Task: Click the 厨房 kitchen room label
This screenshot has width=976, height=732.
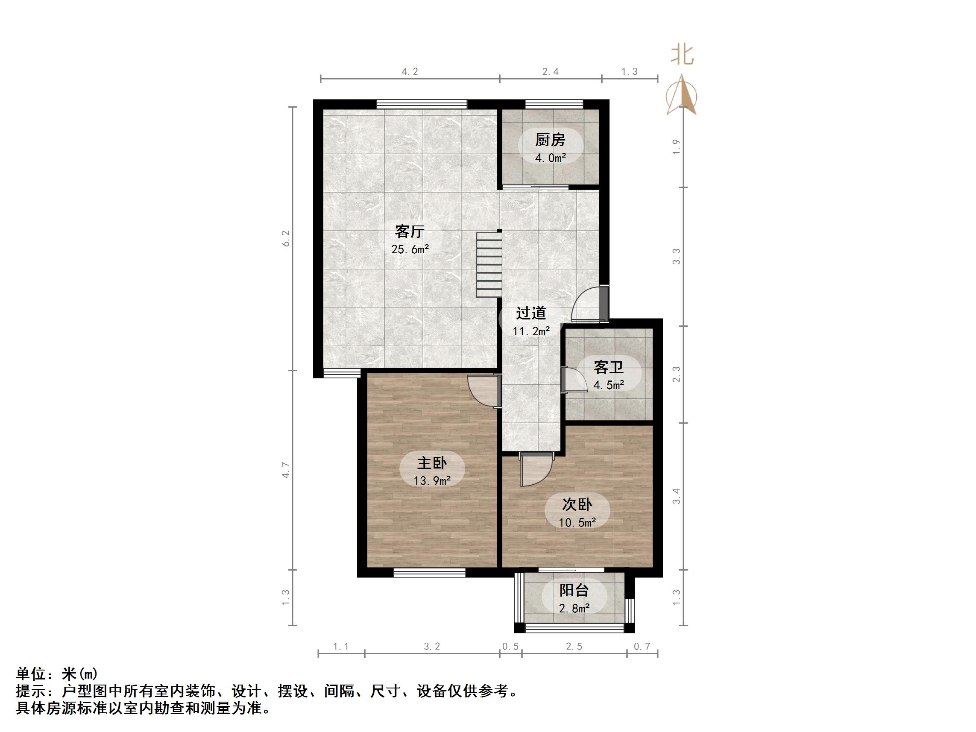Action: click(550, 140)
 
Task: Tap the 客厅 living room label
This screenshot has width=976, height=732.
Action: click(410, 231)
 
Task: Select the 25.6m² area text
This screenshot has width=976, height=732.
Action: click(410, 249)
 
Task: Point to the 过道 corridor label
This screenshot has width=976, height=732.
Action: click(531, 313)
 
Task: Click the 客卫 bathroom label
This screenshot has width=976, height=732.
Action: click(609, 367)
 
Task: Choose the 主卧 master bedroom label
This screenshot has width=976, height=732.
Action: click(432, 463)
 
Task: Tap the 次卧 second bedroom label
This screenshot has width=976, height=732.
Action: click(577, 504)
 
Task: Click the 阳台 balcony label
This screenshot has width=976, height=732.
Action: click(574, 590)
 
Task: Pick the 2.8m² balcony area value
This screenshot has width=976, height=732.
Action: click(574, 609)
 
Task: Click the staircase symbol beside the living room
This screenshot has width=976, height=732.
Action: click(489, 265)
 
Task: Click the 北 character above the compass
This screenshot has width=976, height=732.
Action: click(682, 56)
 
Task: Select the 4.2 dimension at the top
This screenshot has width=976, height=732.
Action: click(410, 71)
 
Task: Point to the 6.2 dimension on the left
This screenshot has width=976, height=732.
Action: click(286, 238)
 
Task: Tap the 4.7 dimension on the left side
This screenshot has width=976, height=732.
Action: click(286, 469)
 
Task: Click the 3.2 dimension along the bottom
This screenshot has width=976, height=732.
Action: click(431, 647)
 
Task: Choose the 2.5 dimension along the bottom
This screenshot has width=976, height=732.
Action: click(574, 647)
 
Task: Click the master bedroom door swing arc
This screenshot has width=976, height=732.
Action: click(482, 391)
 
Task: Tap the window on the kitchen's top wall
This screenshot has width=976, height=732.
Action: click(554, 104)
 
